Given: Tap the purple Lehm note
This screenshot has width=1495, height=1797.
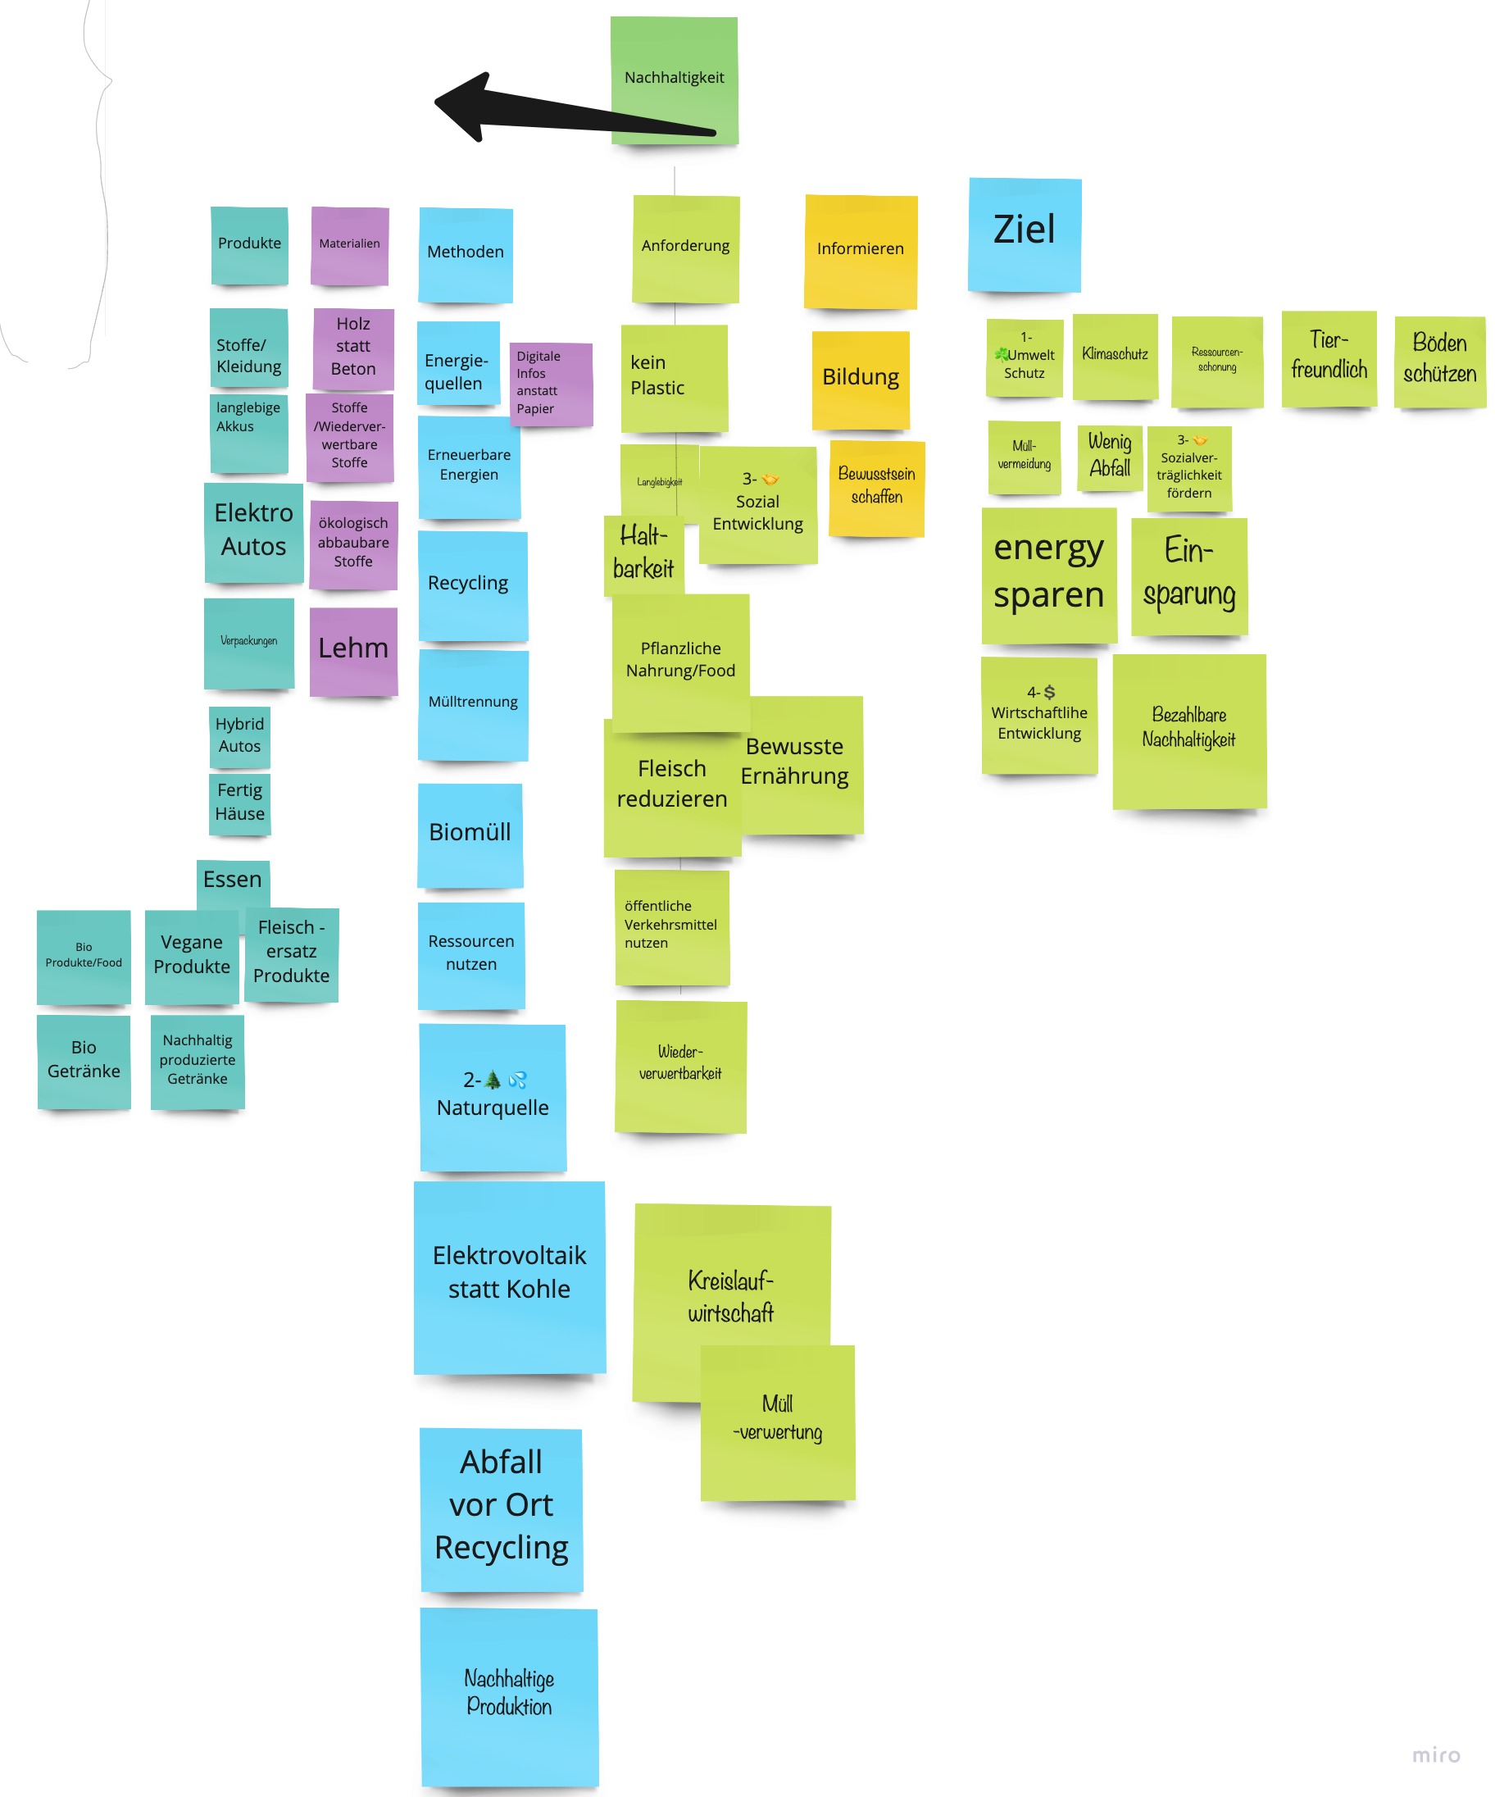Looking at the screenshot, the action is (x=352, y=649).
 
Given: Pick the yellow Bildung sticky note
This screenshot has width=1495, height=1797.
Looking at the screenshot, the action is (x=860, y=379).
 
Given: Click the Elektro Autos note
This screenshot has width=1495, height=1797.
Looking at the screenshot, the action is (x=253, y=531).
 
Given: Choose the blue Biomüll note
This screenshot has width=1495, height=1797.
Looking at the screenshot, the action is (x=470, y=834).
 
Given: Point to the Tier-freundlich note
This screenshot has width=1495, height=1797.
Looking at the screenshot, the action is (x=1328, y=357).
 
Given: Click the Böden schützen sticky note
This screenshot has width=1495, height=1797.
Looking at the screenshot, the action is (x=1439, y=360).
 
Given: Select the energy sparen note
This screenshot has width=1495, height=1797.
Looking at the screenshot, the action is (x=1048, y=574).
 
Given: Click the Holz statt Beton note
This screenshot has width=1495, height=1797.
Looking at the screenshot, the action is (x=352, y=348).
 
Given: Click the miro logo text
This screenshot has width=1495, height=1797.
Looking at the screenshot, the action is (x=1436, y=1755).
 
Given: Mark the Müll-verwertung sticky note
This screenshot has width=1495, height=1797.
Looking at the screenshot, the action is (x=777, y=1421).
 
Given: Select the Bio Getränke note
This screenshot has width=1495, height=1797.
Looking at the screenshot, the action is (x=84, y=1060).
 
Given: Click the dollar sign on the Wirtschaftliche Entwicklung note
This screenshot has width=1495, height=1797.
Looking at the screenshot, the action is (x=1050, y=692).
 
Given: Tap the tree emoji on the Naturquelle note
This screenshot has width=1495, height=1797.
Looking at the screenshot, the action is (x=493, y=1080).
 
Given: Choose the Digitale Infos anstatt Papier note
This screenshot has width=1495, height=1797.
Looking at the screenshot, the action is (x=550, y=384).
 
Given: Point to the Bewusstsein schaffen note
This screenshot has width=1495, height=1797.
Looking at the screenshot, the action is (x=876, y=488).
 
